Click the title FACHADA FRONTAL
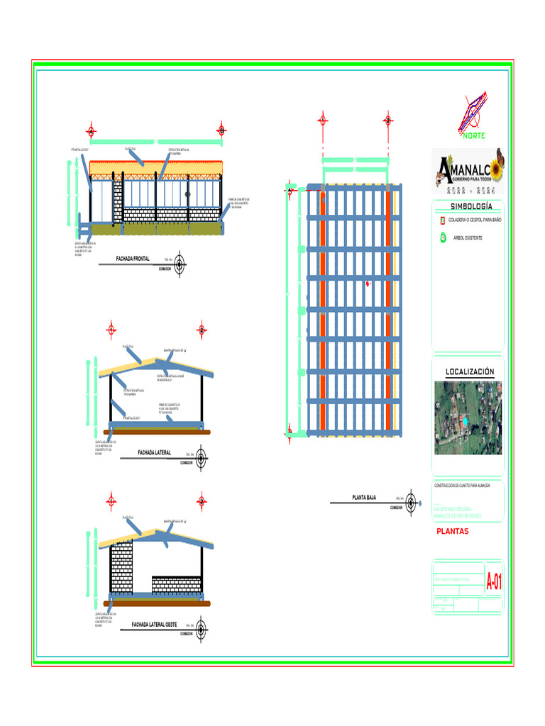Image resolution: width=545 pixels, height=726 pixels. (x=133, y=259)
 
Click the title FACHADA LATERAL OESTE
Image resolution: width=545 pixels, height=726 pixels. (x=154, y=625)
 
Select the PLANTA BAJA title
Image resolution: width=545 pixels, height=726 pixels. (x=364, y=498)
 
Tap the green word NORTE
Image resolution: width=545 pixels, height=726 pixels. (x=474, y=135)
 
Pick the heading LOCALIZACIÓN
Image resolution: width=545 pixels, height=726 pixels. (x=469, y=372)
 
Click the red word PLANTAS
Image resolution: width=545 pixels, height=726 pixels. (x=452, y=531)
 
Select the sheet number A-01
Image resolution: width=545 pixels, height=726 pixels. (x=493, y=583)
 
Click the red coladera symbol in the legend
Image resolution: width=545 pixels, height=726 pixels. (x=442, y=220)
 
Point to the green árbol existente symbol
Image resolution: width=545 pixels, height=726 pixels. (x=442, y=238)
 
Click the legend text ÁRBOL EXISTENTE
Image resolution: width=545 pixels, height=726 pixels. (x=468, y=238)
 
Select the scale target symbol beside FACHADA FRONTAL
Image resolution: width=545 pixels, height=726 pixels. (x=180, y=264)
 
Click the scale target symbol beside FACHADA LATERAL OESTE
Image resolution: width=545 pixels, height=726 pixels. (x=202, y=629)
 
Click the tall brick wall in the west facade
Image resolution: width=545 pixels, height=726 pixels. (x=121, y=566)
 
